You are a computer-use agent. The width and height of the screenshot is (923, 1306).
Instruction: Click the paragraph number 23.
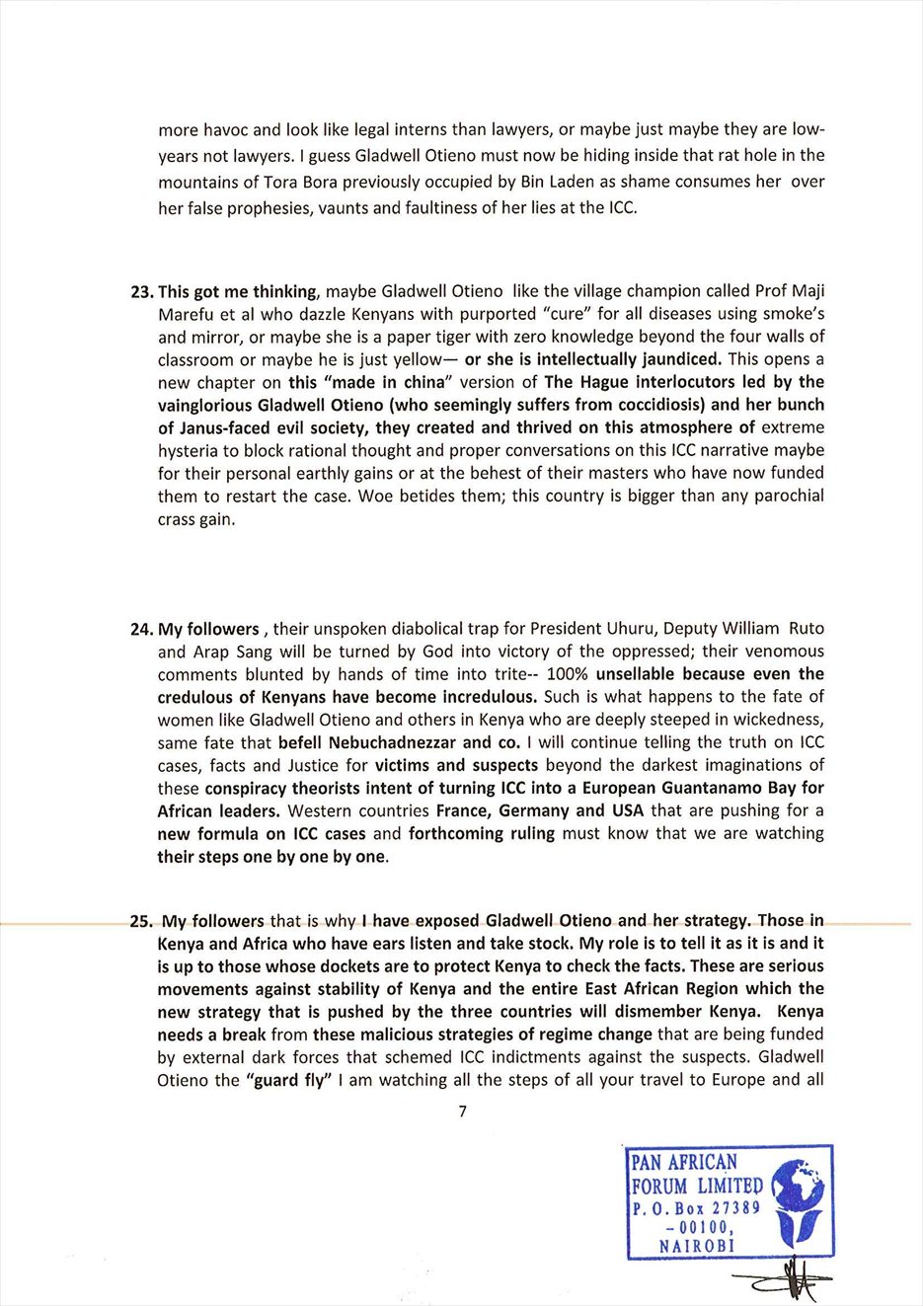click(142, 291)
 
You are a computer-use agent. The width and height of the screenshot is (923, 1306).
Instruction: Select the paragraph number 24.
click(142, 629)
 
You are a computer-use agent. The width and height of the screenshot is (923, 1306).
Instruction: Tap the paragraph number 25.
click(142, 921)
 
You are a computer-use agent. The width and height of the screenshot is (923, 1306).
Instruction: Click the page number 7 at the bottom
click(463, 1112)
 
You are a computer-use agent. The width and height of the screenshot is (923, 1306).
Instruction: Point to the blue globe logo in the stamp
click(798, 1200)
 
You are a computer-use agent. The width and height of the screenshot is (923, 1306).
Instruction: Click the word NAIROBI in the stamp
click(697, 1246)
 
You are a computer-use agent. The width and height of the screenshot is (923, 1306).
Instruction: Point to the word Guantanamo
click(693, 788)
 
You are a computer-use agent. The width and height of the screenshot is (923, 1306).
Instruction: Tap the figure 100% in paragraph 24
click(568, 674)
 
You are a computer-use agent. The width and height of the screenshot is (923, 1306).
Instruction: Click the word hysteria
click(191, 450)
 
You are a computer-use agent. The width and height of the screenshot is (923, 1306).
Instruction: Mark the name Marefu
click(187, 314)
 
